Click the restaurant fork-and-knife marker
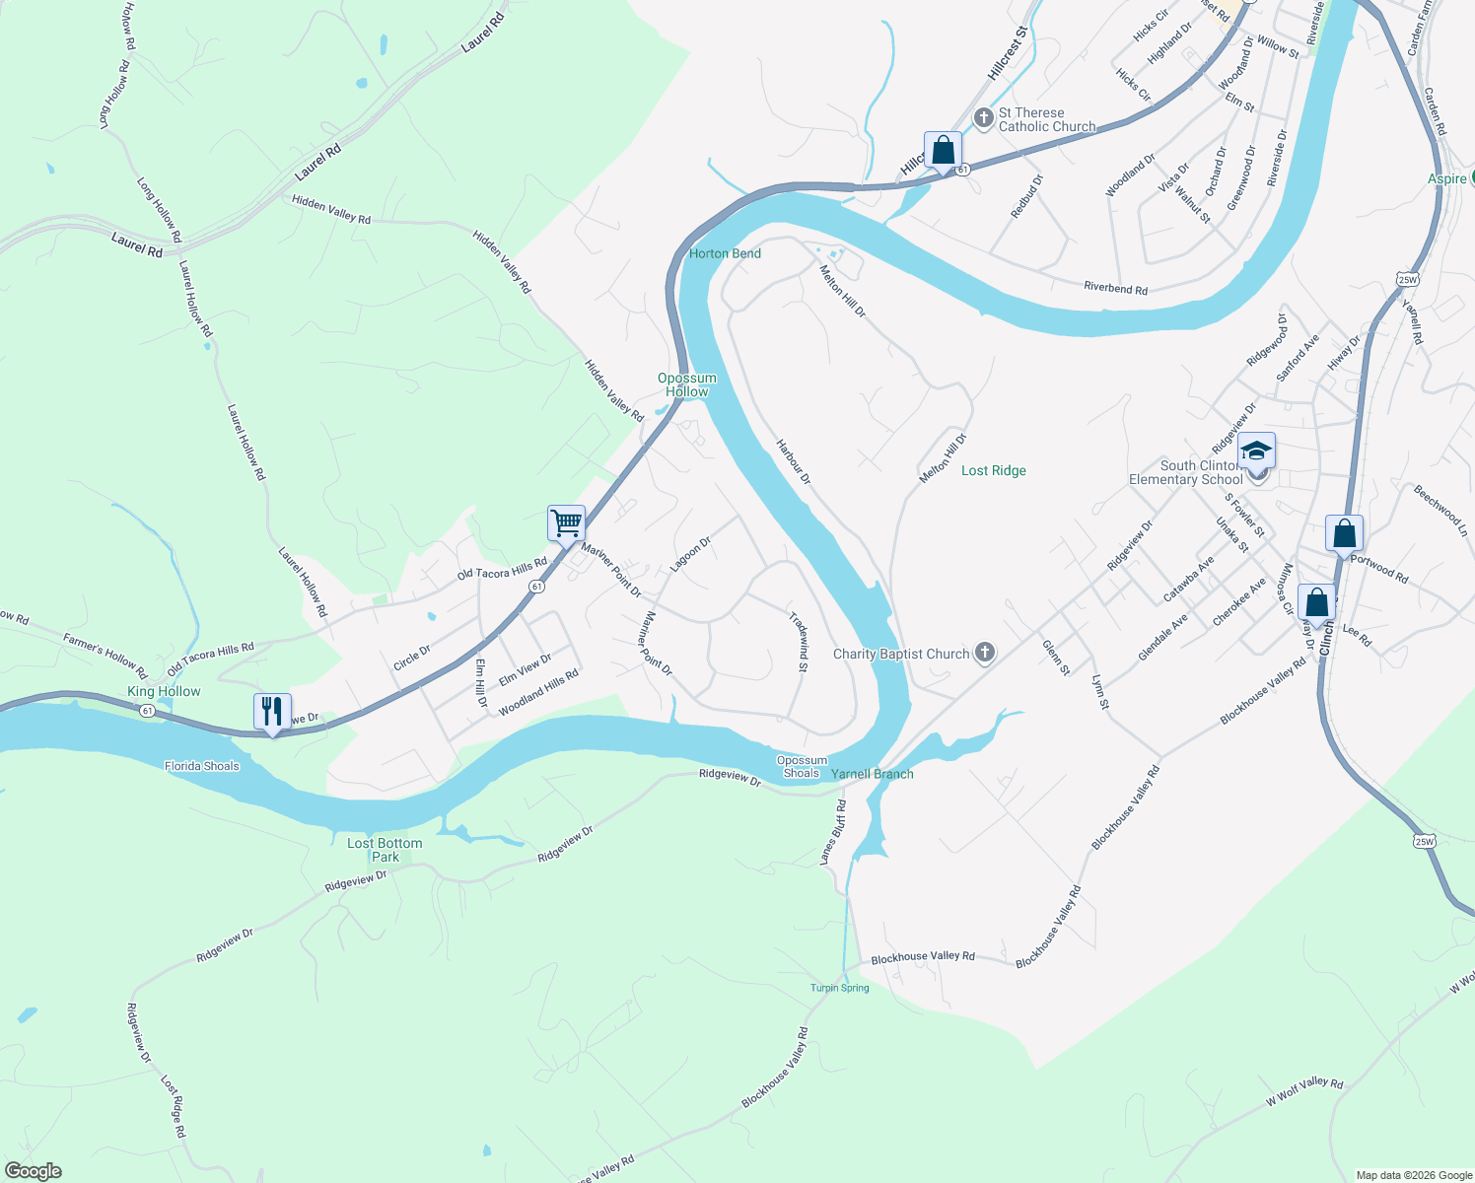click(x=272, y=711)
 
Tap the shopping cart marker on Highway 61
click(x=566, y=522)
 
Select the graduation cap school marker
click(x=1256, y=451)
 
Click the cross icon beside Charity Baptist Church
click(x=984, y=653)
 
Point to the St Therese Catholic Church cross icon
click(x=983, y=118)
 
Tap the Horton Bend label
click(x=725, y=253)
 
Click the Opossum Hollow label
click(x=687, y=384)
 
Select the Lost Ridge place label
click(x=994, y=470)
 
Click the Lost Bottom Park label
click(x=385, y=850)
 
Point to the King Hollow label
click(x=164, y=691)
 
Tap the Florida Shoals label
click(x=202, y=766)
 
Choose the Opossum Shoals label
click(x=802, y=766)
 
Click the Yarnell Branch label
click(x=873, y=774)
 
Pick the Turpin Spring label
click(x=840, y=988)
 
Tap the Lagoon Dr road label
click(x=690, y=554)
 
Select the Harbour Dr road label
click(x=793, y=461)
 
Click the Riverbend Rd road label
click(x=1115, y=288)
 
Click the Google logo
click(x=34, y=1171)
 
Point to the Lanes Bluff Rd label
click(x=834, y=833)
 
